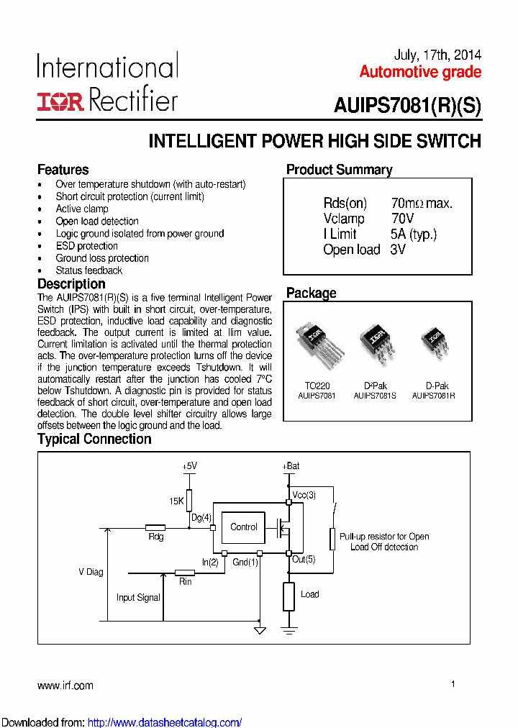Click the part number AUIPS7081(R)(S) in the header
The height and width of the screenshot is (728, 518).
[407, 105]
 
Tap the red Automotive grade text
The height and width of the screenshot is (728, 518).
[420, 72]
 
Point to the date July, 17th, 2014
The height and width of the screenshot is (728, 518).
[437, 55]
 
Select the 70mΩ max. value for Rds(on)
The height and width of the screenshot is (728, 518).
[422, 204]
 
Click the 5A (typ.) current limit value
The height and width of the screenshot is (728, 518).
[414, 234]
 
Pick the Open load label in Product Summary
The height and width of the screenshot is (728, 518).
[351, 250]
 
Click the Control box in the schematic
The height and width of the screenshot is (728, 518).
[243, 527]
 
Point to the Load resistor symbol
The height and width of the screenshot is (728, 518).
[288, 596]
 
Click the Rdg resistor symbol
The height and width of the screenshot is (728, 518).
[155, 527]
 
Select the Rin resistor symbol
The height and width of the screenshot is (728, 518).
[185, 573]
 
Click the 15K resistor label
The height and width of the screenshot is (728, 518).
[177, 501]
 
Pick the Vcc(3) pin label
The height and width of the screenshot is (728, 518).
[304, 496]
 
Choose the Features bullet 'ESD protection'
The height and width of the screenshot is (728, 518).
[87, 246]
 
